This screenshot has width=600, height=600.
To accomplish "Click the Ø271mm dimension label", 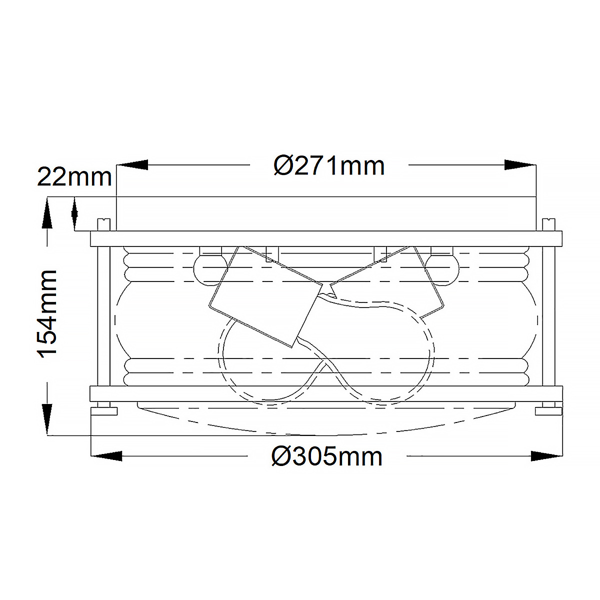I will [329, 166].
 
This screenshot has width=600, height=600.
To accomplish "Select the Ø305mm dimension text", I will [327, 456].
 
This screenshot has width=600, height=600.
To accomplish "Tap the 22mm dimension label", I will [74, 177].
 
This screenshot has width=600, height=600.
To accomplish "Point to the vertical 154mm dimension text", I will [47, 313].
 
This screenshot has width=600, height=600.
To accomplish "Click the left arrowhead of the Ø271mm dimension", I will [132, 165].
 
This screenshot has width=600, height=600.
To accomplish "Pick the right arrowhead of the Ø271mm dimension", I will [520, 165].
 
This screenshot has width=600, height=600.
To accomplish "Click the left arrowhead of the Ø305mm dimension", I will [106, 455].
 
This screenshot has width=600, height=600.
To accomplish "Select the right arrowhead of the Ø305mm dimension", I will [546, 455].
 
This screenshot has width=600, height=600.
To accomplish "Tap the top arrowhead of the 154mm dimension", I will [47, 212].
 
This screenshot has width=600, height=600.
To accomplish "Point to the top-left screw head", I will [103, 224].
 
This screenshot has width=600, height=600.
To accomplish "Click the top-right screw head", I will [549, 224].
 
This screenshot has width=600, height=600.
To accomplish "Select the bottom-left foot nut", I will [104, 411].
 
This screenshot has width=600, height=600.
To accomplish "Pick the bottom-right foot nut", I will [548, 411].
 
